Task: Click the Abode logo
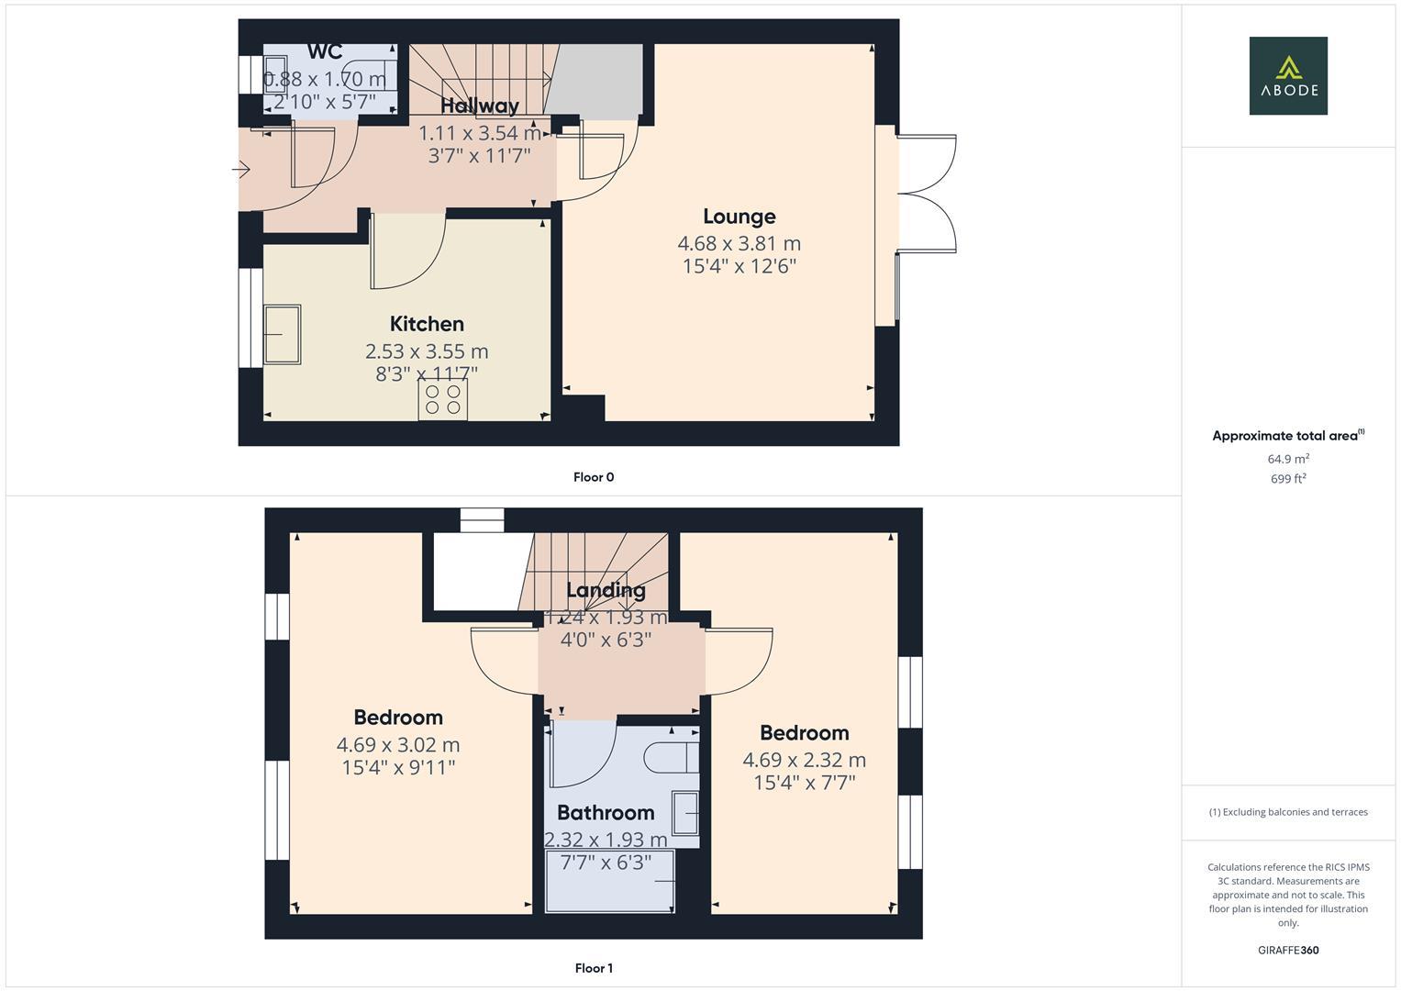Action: click(x=1287, y=75)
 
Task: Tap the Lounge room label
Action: click(x=739, y=217)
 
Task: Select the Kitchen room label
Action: click(x=427, y=324)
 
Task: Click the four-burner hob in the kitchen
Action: click(x=443, y=400)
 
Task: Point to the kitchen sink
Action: click(x=283, y=335)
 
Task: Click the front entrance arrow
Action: click(x=241, y=170)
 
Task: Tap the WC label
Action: click(x=325, y=52)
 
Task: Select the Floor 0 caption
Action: click(x=593, y=477)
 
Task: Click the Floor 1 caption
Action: click(x=593, y=968)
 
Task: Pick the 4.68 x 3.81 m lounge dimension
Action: click(x=739, y=244)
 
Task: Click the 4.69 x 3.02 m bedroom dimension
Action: click(x=398, y=745)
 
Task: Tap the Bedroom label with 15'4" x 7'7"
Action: click(x=804, y=733)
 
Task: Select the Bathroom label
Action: click(x=606, y=813)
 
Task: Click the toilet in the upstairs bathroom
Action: click(x=670, y=758)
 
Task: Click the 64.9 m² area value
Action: click(x=1287, y=459)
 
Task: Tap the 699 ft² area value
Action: click(x=1287, y=479)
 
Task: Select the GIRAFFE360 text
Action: click(x=1287, y=950)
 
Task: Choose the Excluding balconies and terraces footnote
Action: click(x=1287, y=812)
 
